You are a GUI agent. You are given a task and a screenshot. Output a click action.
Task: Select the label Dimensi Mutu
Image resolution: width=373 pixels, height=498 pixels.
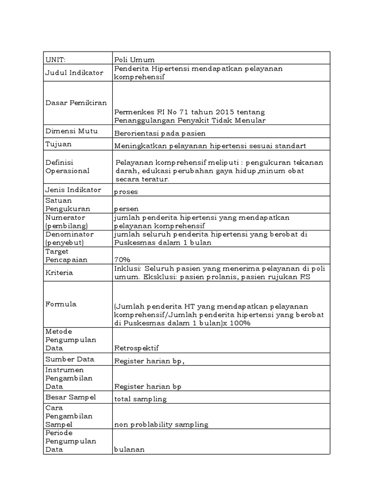click(x=71, y=131)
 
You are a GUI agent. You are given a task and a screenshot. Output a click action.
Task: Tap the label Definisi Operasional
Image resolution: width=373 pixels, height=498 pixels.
click(x=68, y=166)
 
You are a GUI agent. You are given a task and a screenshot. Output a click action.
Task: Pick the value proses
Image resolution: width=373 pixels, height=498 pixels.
click(x=126, y=192)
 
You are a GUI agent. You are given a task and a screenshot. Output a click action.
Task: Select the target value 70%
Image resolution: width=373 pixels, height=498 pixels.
click(x=122, y=260)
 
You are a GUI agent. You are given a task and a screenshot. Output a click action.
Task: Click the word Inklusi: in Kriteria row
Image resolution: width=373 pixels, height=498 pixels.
click(x=127, y=269)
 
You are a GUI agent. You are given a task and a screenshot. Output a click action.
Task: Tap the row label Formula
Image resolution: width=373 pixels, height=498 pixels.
click(x=61, y=304)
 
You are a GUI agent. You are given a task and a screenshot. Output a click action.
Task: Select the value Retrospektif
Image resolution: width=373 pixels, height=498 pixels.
click(x=136, y=348)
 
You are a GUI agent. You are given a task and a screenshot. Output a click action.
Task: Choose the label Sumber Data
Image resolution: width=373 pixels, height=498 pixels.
click(x=69, y=359)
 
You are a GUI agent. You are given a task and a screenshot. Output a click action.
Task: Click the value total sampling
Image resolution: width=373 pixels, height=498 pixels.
click(x=140, y=399)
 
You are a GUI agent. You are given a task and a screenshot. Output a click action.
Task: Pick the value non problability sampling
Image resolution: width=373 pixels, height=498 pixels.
click(x=161, y=425)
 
